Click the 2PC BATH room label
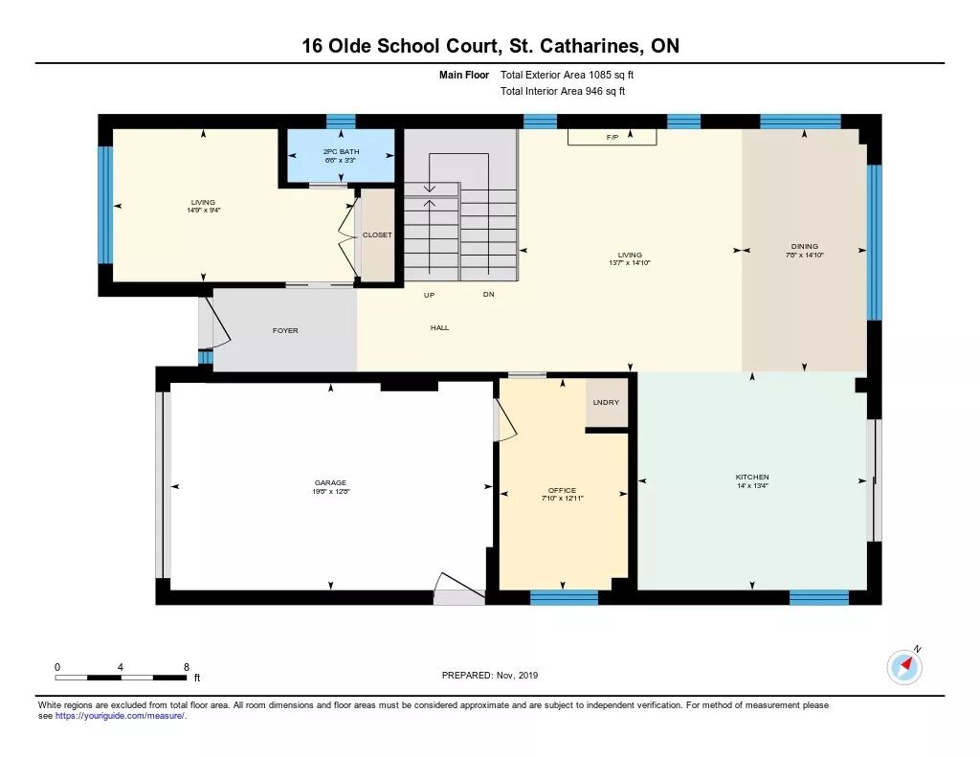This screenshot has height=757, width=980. click(x=342, y=152)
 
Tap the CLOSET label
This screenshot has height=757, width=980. click(x=377, y=235)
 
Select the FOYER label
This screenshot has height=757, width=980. click(x=285, y=331)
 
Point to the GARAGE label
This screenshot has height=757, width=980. click(x=330, y=482)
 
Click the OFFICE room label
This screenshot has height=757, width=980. click(x=562, y=490)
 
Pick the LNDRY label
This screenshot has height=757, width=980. click(x=606, y=402)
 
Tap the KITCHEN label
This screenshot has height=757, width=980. click(x=752, y=477)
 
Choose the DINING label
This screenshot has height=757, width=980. click(x=804, y=246)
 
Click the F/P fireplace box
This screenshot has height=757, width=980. click(x=612, y=137)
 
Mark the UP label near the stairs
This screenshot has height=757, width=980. click(x=430, y=295)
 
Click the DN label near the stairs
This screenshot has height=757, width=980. click(x=489, y=295)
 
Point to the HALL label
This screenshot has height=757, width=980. click(x=439, y=327)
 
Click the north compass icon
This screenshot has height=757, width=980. click(x=904, y=667)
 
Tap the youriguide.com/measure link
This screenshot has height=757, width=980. click(x=120, y=716)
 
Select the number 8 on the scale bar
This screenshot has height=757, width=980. click(x=187, y=667)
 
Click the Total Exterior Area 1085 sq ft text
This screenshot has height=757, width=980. click(x=567, y=75)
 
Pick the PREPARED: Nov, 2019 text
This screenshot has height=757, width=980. click(x=490, y=675)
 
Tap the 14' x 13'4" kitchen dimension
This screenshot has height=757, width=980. click(x=752, y=486)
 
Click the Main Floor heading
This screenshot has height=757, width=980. click(x=464, y=75)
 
